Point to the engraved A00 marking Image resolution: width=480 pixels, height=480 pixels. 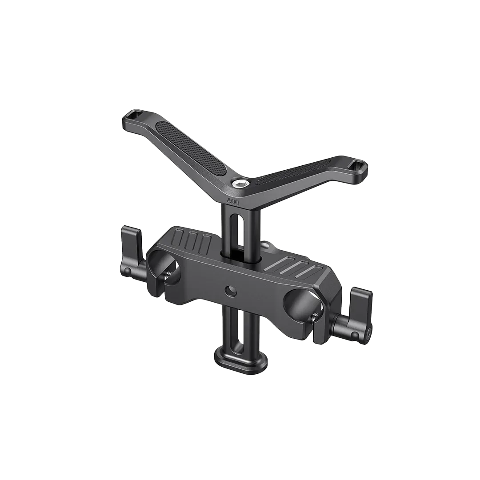pos(233,201)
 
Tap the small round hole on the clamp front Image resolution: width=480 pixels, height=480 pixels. pos(230,291)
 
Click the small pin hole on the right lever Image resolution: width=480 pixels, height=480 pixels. pos(354,335)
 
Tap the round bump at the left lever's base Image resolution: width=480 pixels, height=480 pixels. pos(127,270)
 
